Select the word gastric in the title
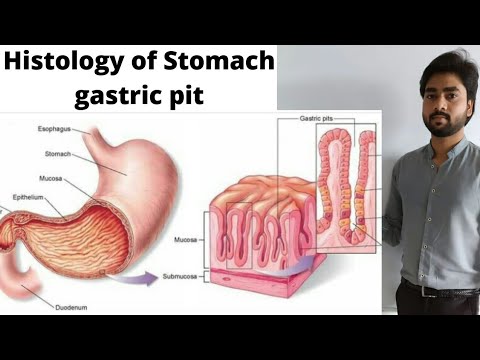tap(119, 98)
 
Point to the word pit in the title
tap(190, 98)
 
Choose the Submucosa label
tap(182, 274)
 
